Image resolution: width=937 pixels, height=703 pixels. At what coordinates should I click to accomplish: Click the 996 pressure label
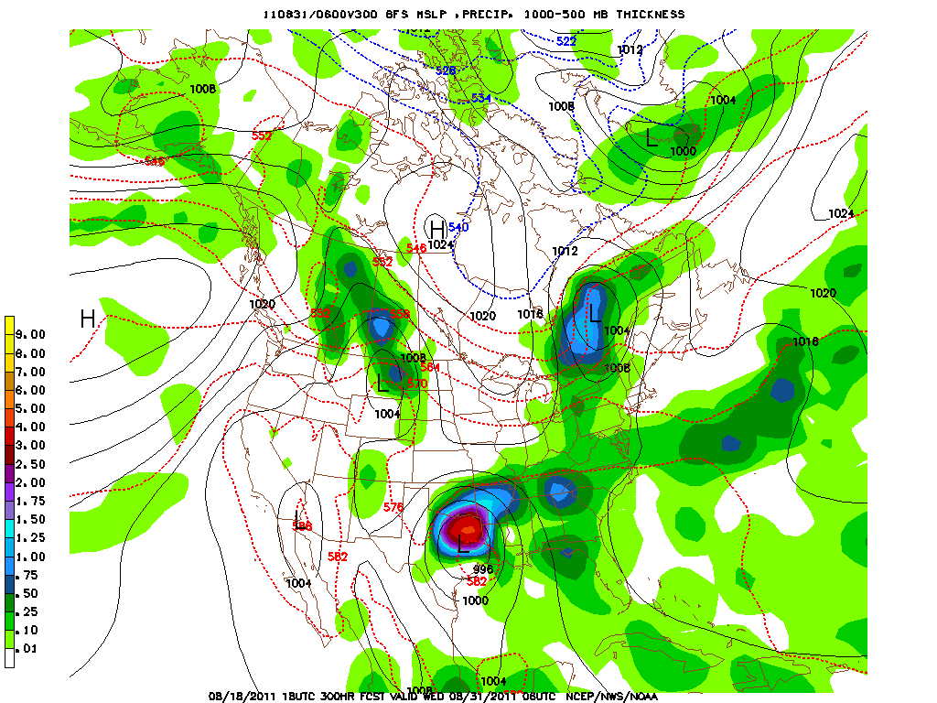click(483, 569)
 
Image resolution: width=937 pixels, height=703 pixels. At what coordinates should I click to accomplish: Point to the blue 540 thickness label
click(458, 227)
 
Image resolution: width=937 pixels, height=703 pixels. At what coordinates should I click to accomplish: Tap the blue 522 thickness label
click(566, 41)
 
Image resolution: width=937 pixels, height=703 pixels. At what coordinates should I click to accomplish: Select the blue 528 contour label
click(446, 70)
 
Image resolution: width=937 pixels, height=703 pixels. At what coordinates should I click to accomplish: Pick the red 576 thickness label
click(393, 507)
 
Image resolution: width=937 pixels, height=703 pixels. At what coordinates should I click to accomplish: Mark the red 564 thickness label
click(430, 367)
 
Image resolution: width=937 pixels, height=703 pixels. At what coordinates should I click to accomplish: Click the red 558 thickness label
click(400, 313)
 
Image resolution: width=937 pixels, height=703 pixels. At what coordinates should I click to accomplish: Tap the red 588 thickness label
click(302, 525)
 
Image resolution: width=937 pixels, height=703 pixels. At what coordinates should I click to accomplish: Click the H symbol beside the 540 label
click(436, 228)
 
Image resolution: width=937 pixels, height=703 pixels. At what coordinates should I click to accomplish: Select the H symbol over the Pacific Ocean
click(88, 319)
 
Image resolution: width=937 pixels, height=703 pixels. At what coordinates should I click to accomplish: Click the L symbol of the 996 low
click(463, 546)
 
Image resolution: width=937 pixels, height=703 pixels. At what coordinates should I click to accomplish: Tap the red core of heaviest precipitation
click(468, 528)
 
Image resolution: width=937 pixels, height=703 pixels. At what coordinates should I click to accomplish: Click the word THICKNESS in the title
click(650, 15)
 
